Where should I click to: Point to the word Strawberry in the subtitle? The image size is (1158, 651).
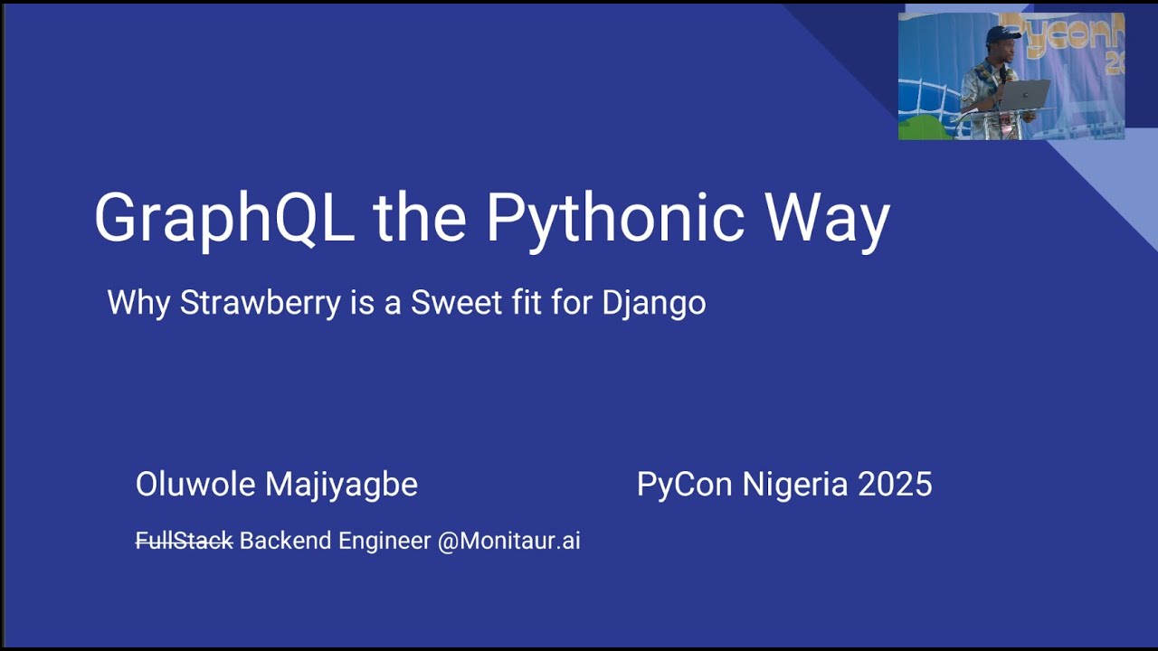[261, 302]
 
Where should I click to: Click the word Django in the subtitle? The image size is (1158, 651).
[654, 302]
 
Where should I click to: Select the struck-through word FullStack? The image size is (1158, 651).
[184, 541]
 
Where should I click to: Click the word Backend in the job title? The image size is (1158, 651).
[285, 541]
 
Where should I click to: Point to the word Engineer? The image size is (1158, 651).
[384, 541]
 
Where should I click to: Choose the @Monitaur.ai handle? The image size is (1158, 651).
[508, 541]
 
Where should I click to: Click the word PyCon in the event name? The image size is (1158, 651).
[685, 485]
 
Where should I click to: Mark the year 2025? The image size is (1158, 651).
[895, 485]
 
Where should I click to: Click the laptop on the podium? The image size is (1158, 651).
[1025, 94]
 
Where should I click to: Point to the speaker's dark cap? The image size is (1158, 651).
[1002, 33]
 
